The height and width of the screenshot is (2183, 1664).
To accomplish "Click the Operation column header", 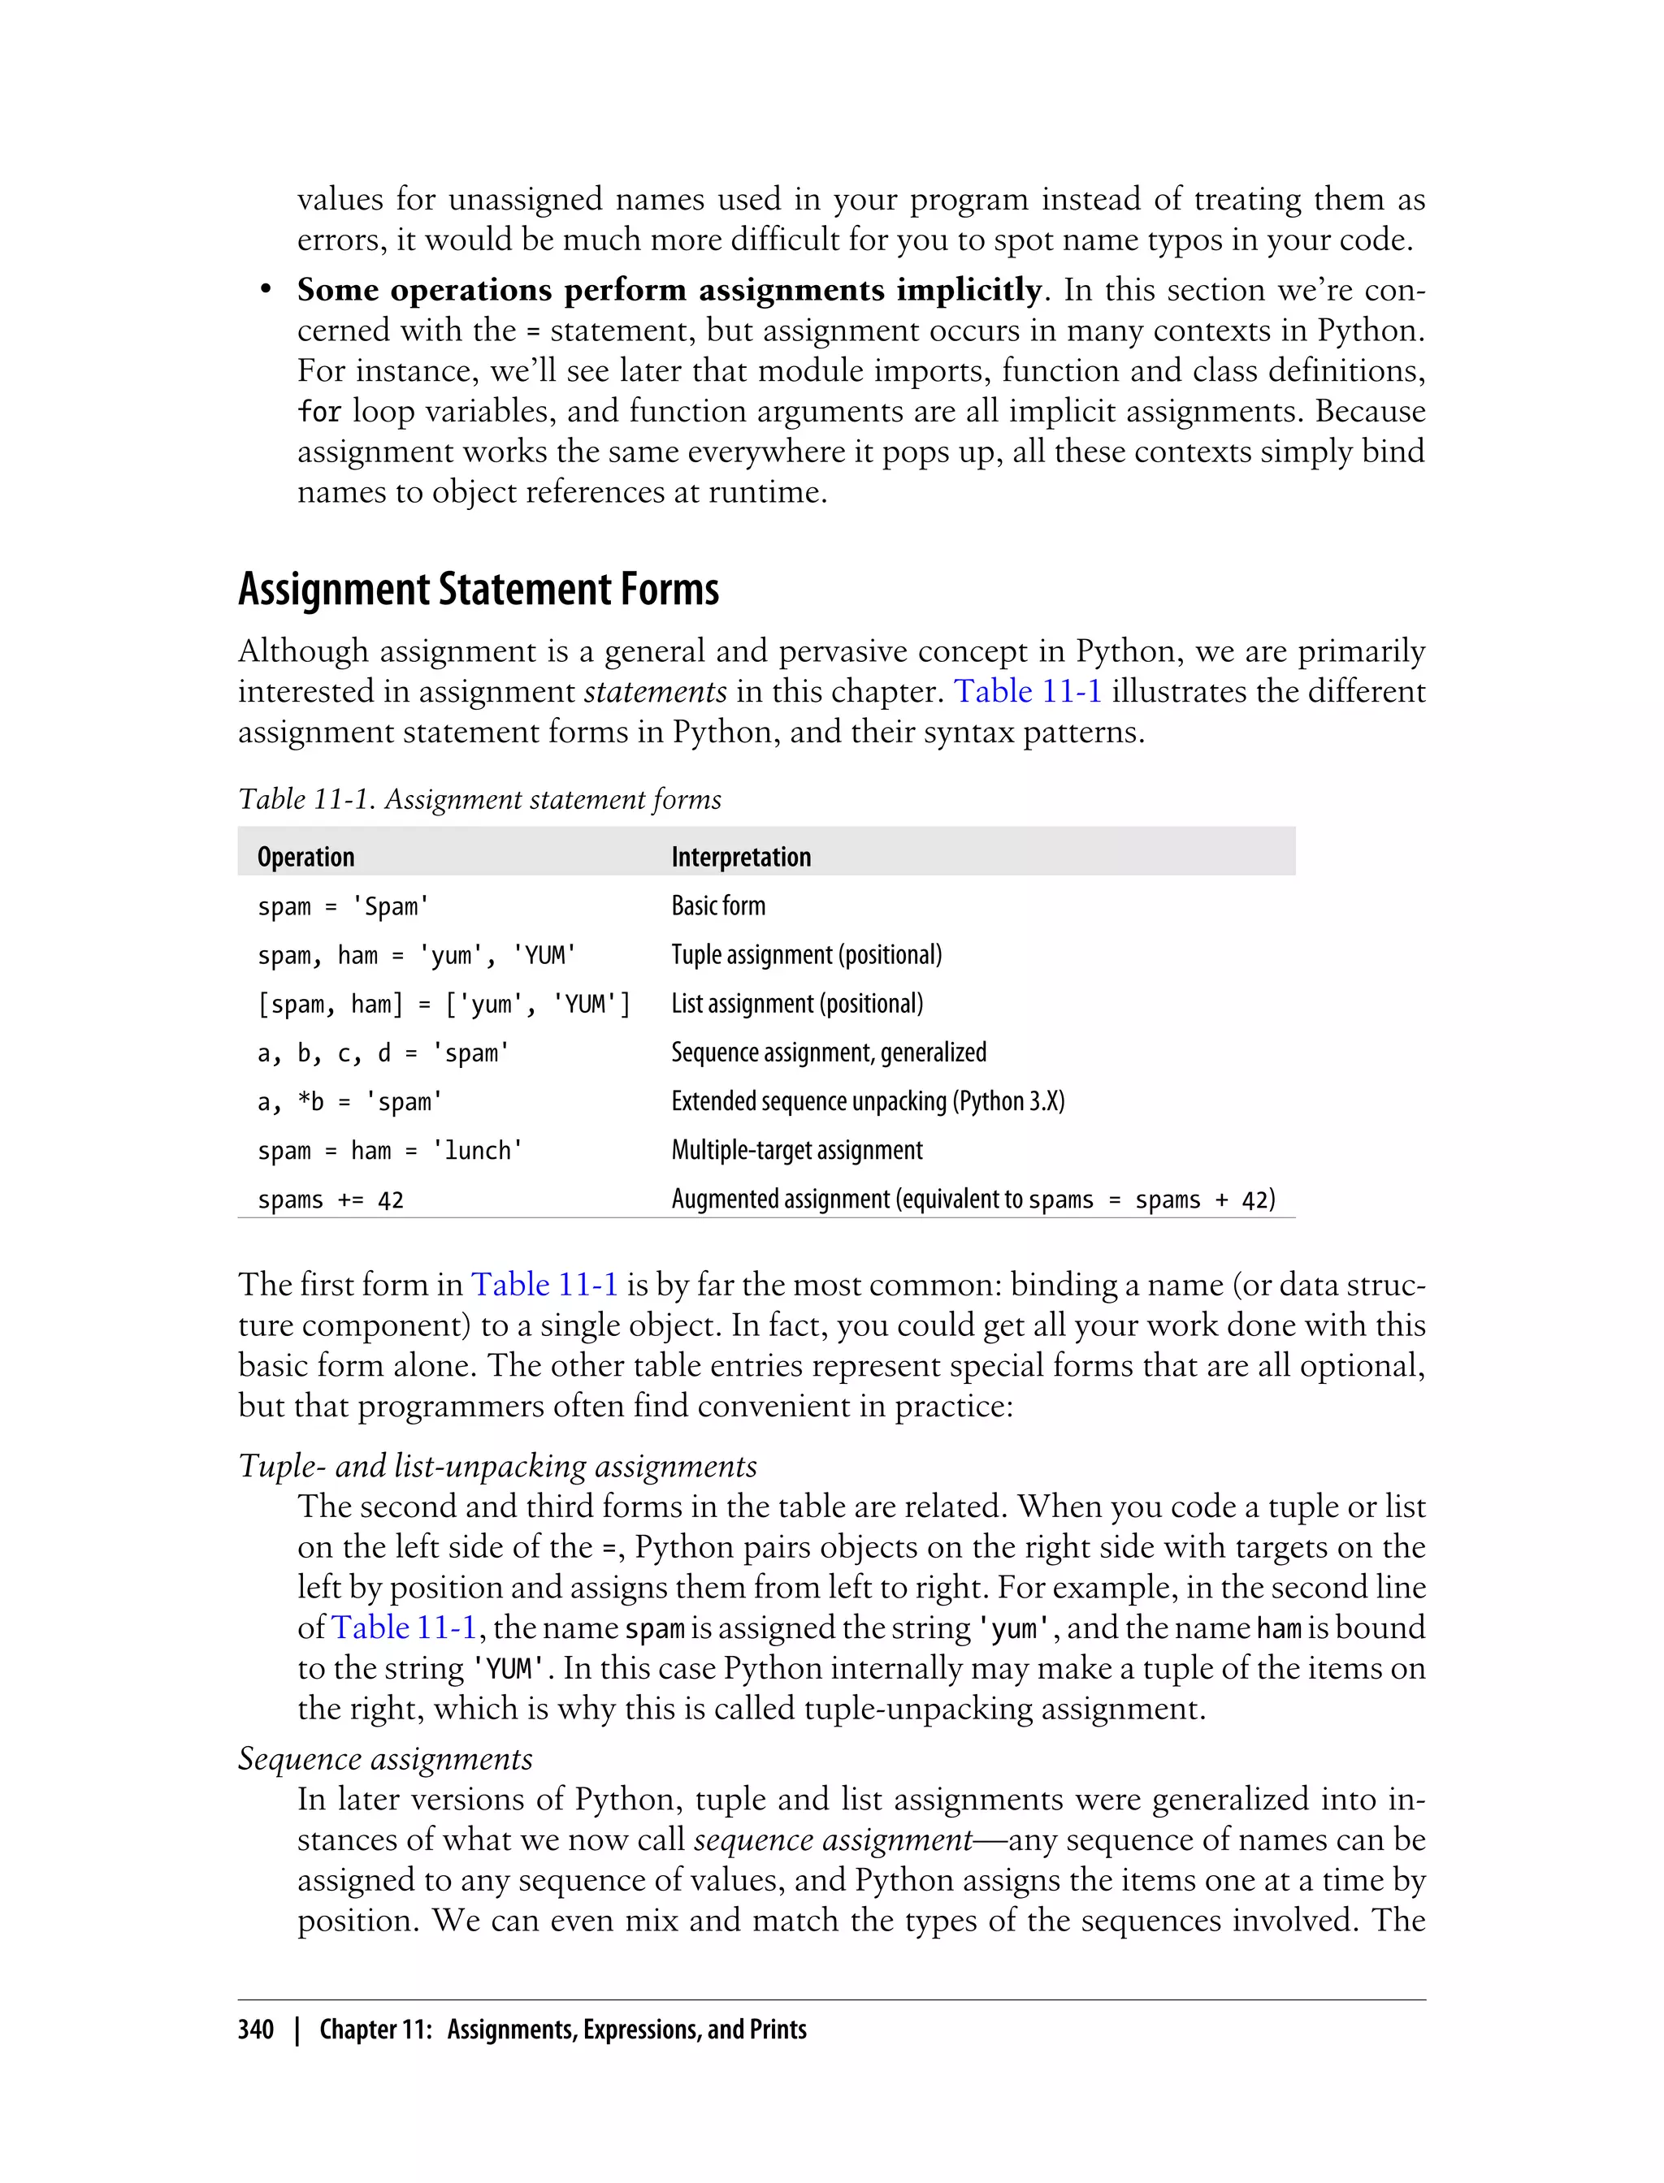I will tap(305, 856).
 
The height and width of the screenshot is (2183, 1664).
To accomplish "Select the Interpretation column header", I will tap(740, 856).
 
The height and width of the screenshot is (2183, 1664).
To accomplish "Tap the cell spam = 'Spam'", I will tap(343, 906).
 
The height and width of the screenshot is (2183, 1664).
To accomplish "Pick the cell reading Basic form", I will tap(717, 905).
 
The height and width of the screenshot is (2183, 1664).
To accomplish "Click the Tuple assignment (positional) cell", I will tap(805, 954).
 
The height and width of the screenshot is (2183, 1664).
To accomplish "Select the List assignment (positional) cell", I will tap(796, 1003).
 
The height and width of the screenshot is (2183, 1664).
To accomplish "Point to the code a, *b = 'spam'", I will tap(349, 1101).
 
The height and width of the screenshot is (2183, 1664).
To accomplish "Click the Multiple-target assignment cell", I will tap(796, 1149).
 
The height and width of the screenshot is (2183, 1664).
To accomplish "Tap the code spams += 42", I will tap(330, 1199).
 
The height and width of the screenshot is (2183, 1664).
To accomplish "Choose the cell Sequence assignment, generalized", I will tap(828, 1052).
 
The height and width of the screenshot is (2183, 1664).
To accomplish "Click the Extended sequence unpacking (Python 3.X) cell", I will tap(867, 1101).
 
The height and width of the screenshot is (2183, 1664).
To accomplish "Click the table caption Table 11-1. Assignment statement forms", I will tap(479, 799).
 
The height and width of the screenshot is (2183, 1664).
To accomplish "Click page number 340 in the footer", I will tap(256, 2029).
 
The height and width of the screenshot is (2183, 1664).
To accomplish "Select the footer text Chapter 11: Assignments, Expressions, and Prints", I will tap(561, 2029).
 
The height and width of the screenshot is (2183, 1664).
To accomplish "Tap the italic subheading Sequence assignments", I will tap(385, 1757).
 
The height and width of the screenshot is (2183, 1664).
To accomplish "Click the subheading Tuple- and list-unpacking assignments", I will tap(497, 1465).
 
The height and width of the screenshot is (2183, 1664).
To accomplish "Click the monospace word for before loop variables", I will tap(319, 411).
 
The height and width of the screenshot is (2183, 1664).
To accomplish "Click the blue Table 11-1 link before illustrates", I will tap(1027, 691).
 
